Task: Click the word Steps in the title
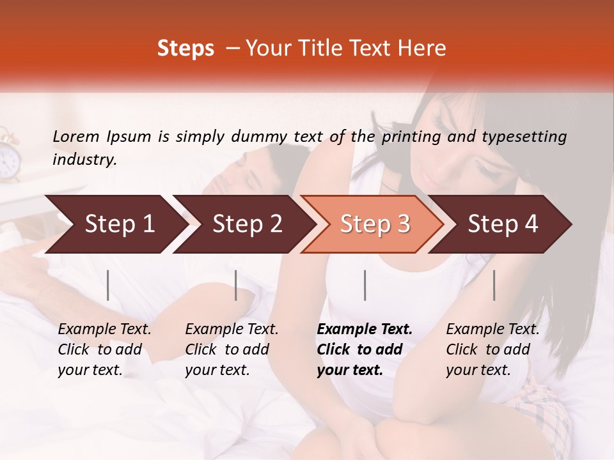coord(185,49)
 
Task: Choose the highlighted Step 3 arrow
coord(375,224)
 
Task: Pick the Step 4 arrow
coord(503,224)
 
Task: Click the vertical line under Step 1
coord(108,285)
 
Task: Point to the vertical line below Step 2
coord(236,285)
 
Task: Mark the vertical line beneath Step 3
coord(365,285)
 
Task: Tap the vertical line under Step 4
coord(494,285)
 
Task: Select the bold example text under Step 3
coord(365,349)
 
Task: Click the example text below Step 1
coord(104,349)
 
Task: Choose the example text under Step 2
coord(232,349)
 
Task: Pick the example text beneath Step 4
coord(492,349)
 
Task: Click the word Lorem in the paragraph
coord(76,136)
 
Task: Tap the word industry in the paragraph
coord(84,160)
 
